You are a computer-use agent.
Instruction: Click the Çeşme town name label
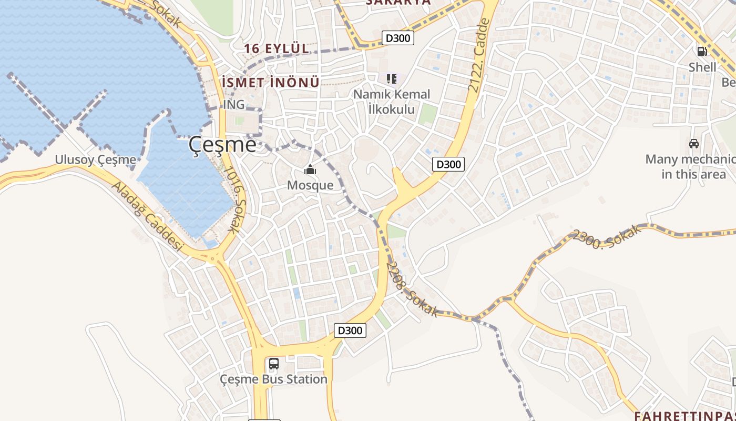(x=223, y=144)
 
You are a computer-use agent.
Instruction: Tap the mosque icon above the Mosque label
(x=310, y=169)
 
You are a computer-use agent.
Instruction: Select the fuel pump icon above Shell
(x=702, y=52)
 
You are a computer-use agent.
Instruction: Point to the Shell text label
(x=702, y=67)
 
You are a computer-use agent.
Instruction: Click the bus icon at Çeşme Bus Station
(x=273, y=364)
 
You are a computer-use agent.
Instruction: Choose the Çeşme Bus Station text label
(x=273, y=379)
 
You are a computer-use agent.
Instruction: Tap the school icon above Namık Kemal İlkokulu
(x=391, y=79)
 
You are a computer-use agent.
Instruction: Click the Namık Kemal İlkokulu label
(x=391, y=102)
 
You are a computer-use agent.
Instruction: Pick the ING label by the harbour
(x=234, y=104)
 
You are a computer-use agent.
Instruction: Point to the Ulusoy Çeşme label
(x=96, y=159)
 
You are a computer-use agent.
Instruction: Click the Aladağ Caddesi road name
(x=147, y=217)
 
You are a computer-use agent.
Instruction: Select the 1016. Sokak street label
(x=234, y=199)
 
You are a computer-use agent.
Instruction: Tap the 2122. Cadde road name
(x=479, y=55)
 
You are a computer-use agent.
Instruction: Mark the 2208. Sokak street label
(x=412, y=289)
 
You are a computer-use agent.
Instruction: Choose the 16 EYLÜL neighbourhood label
(x=276, y=48)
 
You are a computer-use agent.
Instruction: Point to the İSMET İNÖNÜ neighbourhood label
(x=271, y=83)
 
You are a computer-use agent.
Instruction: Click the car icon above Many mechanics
(x=693, y=143)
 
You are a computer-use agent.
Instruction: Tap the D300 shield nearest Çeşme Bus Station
(x=350, y=330)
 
